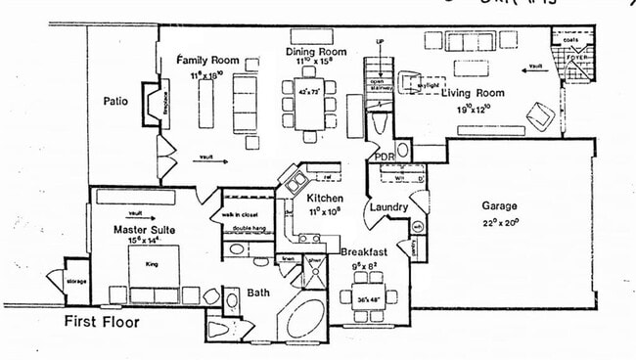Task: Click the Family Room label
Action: coord(208,60)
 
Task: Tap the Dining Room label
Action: coord(316,51)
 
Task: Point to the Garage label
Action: coord(498,206)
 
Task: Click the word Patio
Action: coord(118,100)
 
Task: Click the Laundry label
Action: coord(387,207)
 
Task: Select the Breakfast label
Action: coord(364,252)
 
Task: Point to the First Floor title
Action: coord(101,321)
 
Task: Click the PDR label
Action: coord(383,156)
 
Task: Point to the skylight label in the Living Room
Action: coord(427,85)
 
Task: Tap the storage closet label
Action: coord(76,282)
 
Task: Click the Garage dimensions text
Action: coord(498,222)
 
